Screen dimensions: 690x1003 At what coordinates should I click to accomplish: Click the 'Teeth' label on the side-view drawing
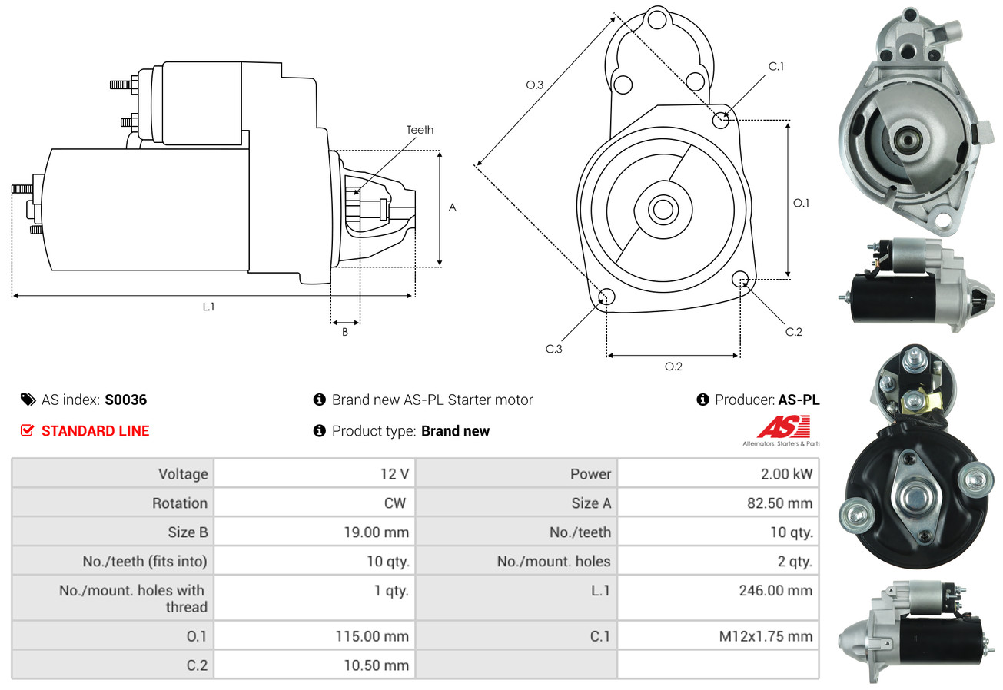point(420,130)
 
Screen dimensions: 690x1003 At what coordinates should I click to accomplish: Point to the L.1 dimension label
point(208,307)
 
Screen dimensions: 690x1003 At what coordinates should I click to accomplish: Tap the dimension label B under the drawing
point(345,333)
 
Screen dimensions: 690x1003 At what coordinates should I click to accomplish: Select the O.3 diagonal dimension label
point(535,85)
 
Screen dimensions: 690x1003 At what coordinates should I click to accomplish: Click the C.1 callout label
point(775,66)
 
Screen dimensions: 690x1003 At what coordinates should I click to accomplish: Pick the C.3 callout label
point(554,349)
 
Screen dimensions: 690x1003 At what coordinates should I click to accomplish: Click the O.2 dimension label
point(673,367)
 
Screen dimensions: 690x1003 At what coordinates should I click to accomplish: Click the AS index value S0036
point(125,400)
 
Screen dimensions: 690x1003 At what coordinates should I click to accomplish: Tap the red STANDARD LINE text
point(95,431)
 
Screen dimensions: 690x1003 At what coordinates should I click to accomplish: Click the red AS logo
point(783,426)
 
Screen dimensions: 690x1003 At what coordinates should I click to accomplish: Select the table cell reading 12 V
point(394,474)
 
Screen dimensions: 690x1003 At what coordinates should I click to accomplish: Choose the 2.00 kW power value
point(786,474)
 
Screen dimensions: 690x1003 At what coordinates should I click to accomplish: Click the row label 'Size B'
point(188,532)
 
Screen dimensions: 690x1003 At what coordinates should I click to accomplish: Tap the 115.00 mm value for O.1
point(372,636)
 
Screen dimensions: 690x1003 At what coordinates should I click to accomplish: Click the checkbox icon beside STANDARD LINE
point(27,430)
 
